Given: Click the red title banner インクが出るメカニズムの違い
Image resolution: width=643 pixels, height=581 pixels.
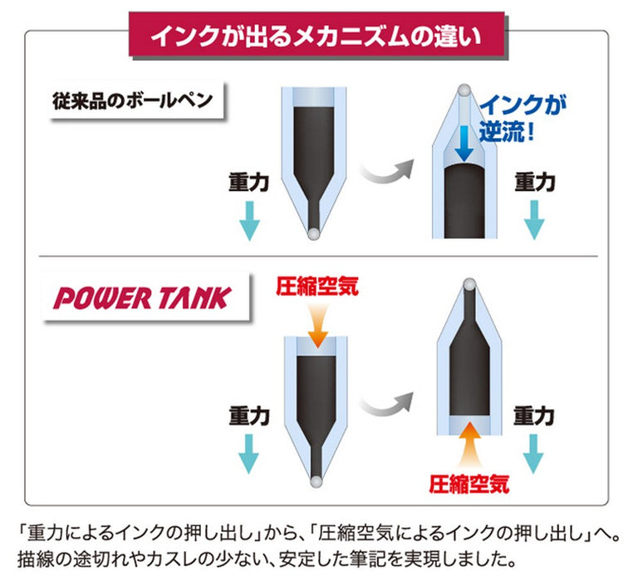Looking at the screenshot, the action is [317, 34].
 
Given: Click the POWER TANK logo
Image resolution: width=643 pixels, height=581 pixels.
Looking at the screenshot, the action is [143, 298].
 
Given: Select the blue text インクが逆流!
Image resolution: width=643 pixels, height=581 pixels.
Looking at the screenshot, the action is [523, 118].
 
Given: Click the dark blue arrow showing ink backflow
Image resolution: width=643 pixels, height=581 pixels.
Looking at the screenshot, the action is [464, 144].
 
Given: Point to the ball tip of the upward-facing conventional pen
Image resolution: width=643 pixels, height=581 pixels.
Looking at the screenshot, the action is [464, 90].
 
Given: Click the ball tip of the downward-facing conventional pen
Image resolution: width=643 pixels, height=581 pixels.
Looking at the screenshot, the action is [314, 233].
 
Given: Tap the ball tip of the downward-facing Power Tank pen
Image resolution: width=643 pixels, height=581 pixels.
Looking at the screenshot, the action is [316, 482].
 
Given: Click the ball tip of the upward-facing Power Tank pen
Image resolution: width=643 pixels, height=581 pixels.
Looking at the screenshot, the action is [469, 284].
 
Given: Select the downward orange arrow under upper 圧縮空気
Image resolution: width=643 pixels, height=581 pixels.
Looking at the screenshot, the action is [317, 325].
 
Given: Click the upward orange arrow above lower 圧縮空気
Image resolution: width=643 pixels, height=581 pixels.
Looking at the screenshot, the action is [469, 446].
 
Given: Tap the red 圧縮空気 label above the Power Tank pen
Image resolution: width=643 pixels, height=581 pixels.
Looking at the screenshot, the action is [317, 286].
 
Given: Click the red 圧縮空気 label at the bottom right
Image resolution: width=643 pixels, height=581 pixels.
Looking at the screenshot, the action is [469, 484].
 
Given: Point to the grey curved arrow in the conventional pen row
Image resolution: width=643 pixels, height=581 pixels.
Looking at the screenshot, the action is [386, 170].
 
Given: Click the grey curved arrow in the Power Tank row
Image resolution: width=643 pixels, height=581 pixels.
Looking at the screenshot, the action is [385, 403].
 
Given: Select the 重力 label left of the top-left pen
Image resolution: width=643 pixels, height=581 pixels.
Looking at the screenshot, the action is [249, 182].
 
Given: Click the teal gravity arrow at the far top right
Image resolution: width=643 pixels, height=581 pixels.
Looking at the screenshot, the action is [534, 220].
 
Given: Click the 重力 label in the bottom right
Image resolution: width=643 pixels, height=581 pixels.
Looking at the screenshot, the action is [534, 417].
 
